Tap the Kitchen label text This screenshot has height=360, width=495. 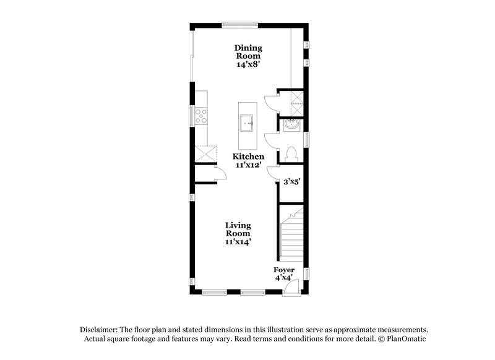[x=249, y=157]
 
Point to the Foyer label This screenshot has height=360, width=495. [x=285, y=270]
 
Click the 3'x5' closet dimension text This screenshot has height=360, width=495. [x=291, y=182]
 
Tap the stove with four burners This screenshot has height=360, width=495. [x=201, y=116]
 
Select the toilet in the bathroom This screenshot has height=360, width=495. [x=291, y=153]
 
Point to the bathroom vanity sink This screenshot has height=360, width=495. [x=290, y=126]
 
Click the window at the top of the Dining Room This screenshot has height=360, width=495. [x=240, y=25]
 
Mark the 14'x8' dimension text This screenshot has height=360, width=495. [x=247, y=64]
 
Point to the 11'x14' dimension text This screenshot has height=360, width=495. [x=238, y=242]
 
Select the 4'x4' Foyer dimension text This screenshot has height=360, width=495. [x=285, y=279]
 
